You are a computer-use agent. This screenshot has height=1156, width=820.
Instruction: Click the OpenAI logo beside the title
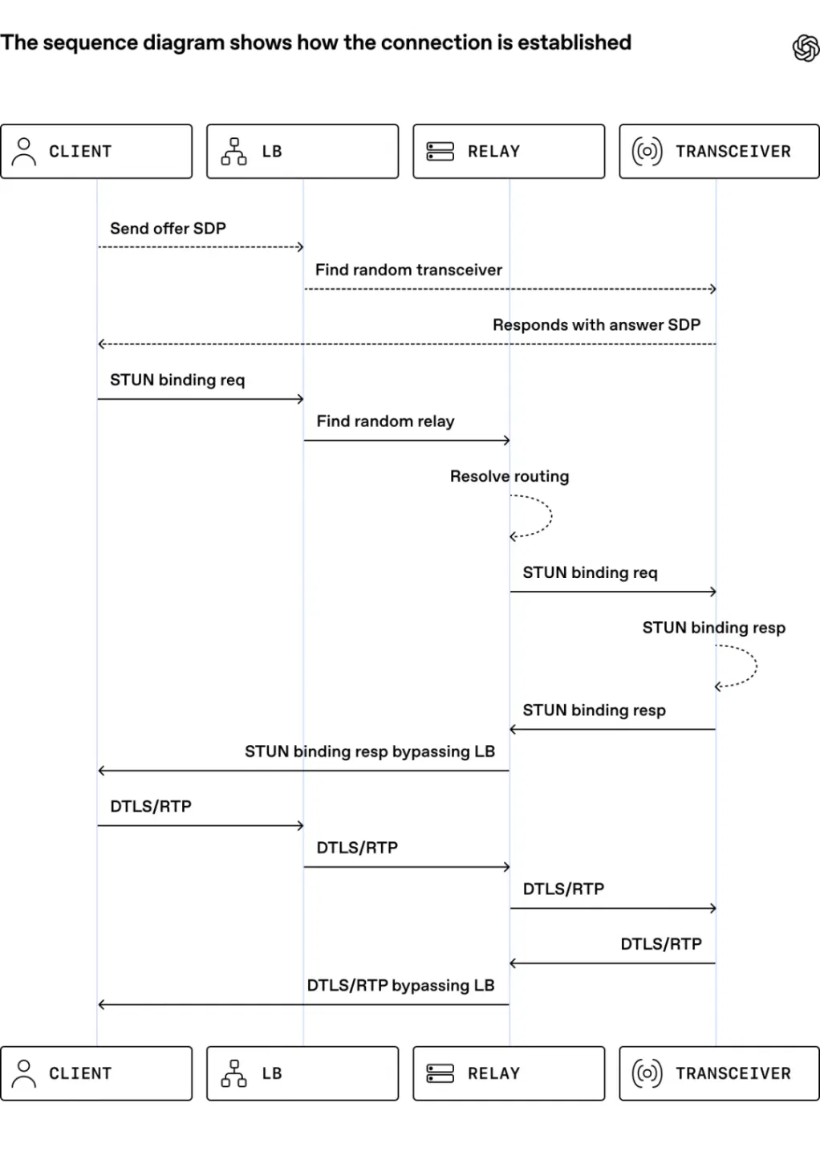806,48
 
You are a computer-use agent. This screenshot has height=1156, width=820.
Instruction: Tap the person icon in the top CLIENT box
24,151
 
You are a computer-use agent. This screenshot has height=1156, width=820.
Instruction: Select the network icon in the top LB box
233,151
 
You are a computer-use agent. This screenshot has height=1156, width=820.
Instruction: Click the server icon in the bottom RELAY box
440,1073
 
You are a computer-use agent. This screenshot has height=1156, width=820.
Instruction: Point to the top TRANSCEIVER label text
733,151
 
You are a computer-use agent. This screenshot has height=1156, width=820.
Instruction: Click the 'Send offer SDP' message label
168,228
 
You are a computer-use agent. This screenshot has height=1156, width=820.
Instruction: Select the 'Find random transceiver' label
408,270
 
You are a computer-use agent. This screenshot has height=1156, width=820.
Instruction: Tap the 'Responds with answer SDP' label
596,324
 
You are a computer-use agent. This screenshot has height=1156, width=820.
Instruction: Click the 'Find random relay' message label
385,421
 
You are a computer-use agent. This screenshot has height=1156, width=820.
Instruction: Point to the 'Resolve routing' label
509,476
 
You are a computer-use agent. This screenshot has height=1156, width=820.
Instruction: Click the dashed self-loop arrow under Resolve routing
551,516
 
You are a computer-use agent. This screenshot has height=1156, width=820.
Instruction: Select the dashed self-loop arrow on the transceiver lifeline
756,666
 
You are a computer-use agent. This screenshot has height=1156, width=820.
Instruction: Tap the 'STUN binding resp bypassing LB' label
370,751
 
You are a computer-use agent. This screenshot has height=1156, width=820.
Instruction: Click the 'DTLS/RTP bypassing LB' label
400,985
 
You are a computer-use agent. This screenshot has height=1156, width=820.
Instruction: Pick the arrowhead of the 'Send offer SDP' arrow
301,247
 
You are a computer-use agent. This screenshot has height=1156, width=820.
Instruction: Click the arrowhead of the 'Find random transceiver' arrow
714,289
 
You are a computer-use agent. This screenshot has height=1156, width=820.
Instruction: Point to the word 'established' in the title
574,43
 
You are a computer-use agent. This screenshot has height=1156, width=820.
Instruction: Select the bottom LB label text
272,1073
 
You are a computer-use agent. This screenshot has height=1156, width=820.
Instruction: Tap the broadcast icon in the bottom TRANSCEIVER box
647,1073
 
